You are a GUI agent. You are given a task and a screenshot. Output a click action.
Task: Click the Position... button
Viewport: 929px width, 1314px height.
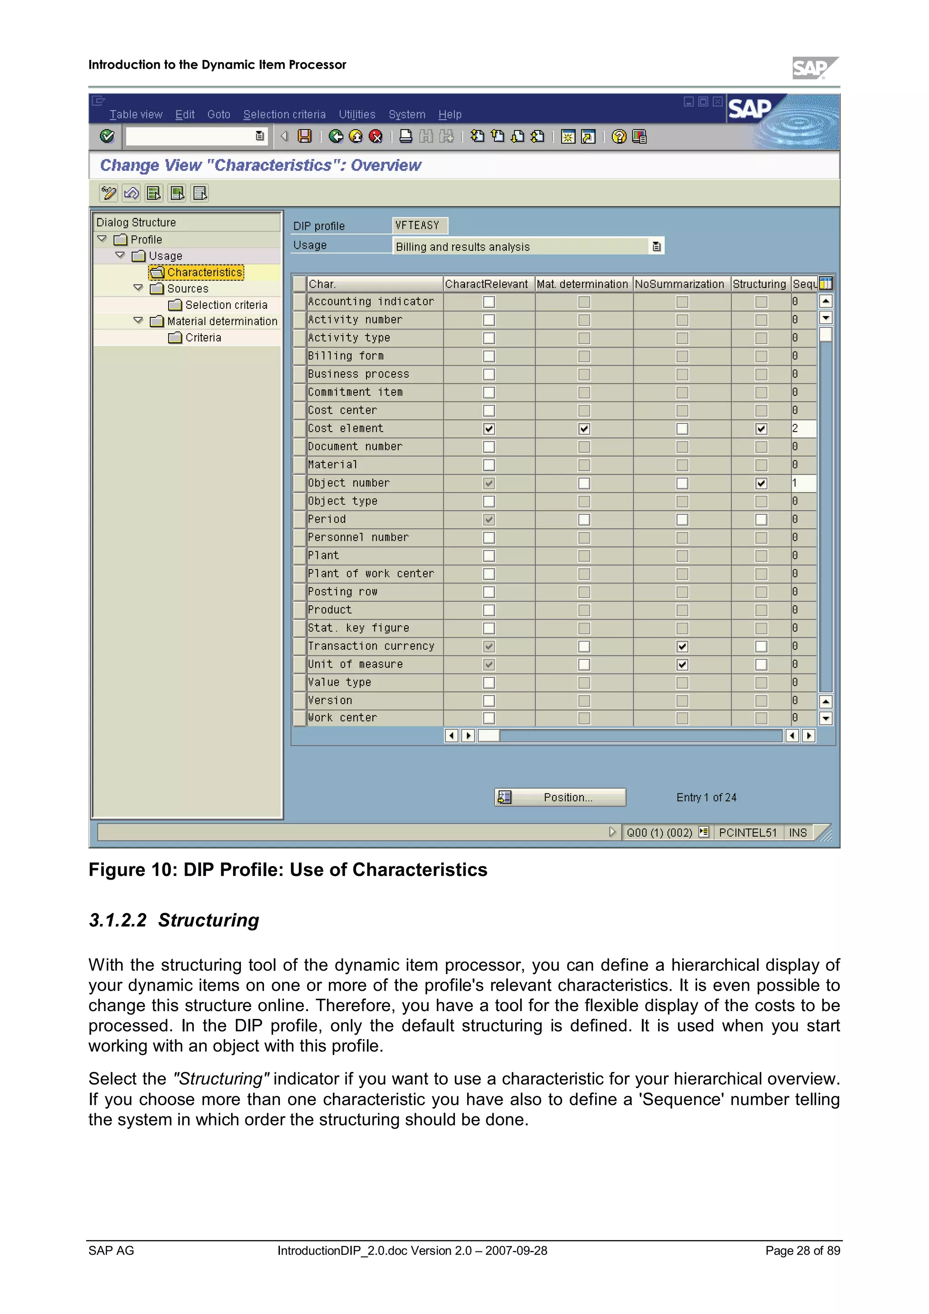(560, 797)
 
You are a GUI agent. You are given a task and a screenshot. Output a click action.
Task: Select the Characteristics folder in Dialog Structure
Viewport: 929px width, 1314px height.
(204, 273)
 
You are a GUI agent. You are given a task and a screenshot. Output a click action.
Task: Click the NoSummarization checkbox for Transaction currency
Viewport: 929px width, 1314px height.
(682, 647)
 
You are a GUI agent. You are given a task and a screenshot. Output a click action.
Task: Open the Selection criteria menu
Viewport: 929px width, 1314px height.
(284, 114)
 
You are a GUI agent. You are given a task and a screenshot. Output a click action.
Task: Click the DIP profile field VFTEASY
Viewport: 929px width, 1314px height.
(419, 225)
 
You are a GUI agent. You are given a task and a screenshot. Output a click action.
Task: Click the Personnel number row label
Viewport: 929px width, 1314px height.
(358, 537)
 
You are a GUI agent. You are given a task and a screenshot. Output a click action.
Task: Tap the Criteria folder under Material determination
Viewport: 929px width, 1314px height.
(203, 338)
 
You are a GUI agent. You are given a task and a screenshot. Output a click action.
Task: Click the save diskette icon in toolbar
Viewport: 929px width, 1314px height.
(304, 136)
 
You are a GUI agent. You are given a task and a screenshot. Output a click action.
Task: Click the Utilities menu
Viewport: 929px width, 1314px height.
(357, 114)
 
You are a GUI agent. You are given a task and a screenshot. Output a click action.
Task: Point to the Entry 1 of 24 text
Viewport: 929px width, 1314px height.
(706, 797)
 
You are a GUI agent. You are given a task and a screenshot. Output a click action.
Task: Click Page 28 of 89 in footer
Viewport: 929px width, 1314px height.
(802, 1251)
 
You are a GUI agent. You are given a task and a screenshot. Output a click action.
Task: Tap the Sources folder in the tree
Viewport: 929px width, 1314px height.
(187, 289)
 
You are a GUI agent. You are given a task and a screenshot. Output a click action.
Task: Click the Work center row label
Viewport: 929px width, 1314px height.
(342, 718)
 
